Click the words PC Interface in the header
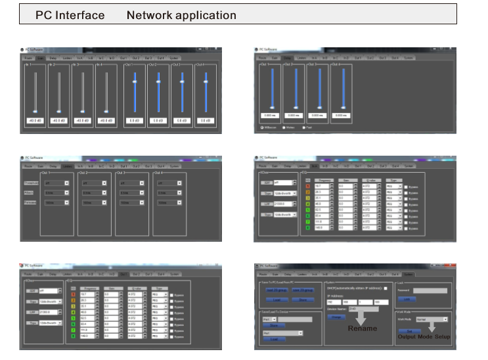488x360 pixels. pyautogui.click(x=70, y=14)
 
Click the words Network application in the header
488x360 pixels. pyautogui.click(x=181, y=14)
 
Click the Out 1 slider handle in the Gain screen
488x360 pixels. pyautogui.click(x=135, y=82)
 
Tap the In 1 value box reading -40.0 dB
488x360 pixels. pyautogui.click(x=35, y=121)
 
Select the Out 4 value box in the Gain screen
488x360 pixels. pyautogui.click(x=206, y=121)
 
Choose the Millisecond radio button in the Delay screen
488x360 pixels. pyautogui.click(x=263, y=127)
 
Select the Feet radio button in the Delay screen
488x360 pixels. pyautogui.click(x=303, y=127)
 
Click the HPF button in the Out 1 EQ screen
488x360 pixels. pyautogui.click(x=31, y=289)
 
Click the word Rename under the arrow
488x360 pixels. pyautogui.click(x=363, y=328)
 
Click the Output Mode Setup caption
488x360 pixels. pyautogui.click(x=424, y=336)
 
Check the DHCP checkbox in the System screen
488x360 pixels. pyautogui.click(x=386, y=288)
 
